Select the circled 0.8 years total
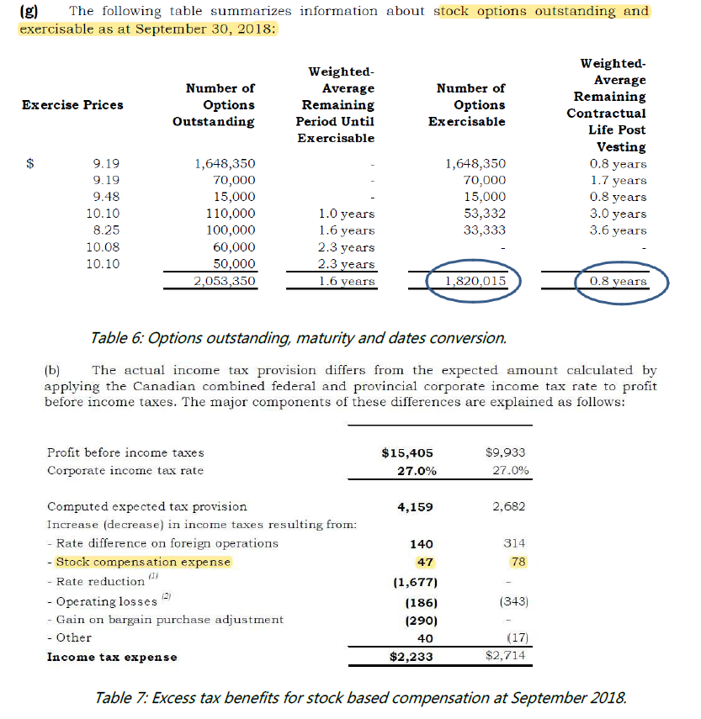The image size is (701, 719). click(619, 282)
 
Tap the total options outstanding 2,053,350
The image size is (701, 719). click(223, 282)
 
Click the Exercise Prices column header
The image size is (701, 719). click(72, 105)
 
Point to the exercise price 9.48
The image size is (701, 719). click(105, 197)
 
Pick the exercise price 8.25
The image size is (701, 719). click(105, 230)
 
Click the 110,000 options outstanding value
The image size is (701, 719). click(231, 214)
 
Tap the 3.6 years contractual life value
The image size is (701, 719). click(619, 230)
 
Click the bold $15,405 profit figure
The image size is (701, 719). click(409, 452)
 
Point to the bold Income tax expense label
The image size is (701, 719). click(112, 657)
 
